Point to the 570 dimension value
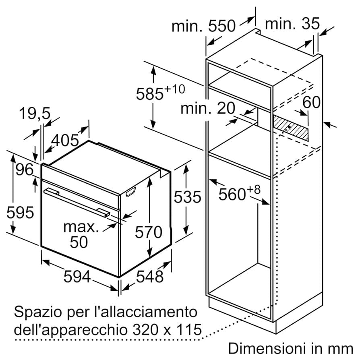(x=148, y=232)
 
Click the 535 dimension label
(x=187, y=197)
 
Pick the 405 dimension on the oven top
(x=65, y=141)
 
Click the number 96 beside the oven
(x=25, y=170)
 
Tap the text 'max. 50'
(x=81, y=234)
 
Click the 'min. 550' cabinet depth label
(x=203, y=26)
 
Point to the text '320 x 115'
(x=166, y=331)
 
